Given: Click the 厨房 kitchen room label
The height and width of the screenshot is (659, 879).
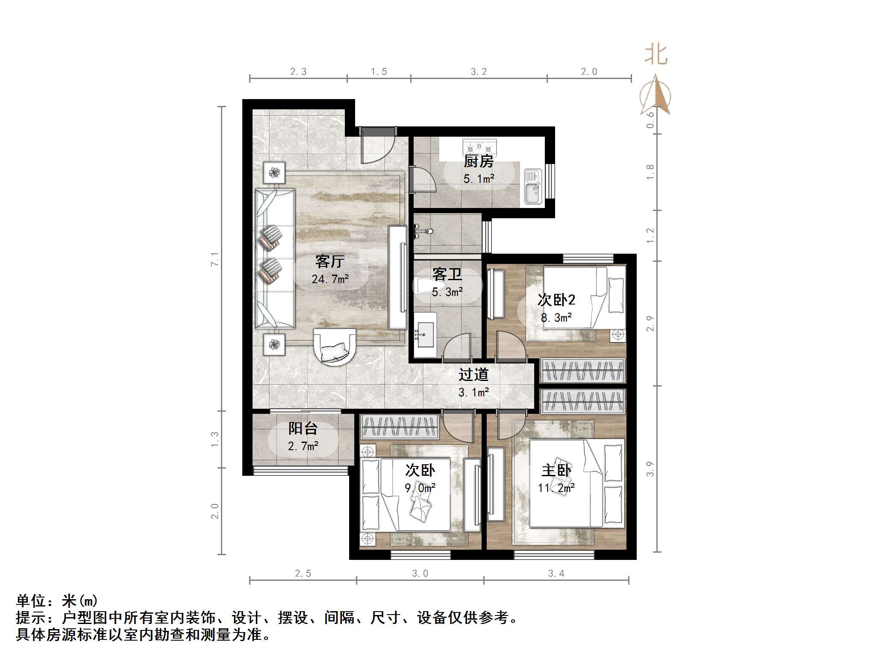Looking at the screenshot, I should coord(479,161).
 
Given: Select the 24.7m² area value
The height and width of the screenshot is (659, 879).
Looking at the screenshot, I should coord(330,279).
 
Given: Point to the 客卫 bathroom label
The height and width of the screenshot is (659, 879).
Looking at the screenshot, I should coord(447,274).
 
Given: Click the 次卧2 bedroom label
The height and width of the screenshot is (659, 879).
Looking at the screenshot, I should coord(556,300).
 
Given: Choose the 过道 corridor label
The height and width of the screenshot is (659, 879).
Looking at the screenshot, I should coord(473,375).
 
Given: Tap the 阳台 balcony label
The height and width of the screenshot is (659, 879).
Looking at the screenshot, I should coord(303,428).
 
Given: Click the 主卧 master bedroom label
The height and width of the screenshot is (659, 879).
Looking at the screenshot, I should coord(556,470).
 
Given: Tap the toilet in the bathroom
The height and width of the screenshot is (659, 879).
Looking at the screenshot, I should coord(427,286).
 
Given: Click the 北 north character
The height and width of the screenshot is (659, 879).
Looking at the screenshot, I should coord(656,56).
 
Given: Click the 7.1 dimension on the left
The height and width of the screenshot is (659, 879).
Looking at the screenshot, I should coord(215,259).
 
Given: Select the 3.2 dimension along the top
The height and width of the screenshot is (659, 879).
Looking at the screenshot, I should coord(479,72).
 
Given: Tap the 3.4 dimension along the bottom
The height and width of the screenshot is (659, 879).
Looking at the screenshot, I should coord(556,574).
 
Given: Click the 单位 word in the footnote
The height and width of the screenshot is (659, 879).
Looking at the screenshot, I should coord(31,601).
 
